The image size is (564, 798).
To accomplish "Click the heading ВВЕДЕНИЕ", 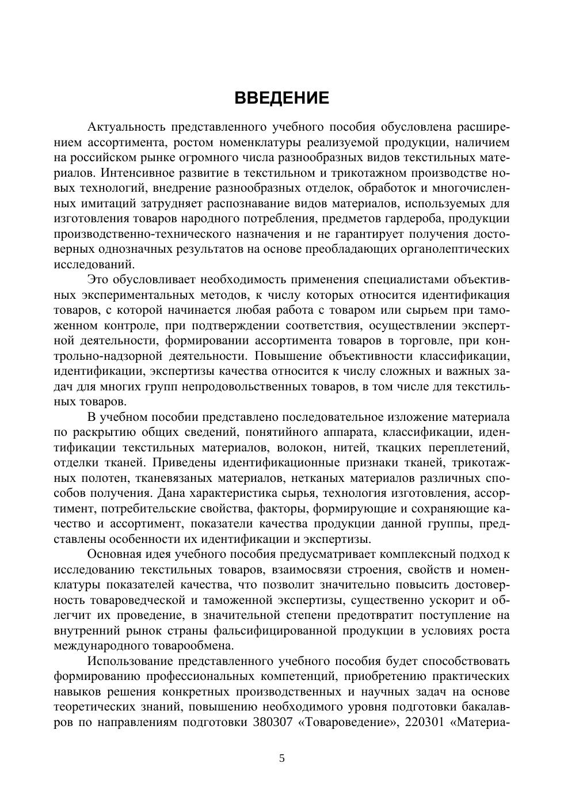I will coord(281,98).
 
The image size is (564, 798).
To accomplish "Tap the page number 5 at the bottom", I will coord(282,758).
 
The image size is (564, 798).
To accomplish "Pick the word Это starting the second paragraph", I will coord(98,280).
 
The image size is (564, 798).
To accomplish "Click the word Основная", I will coord(115,554).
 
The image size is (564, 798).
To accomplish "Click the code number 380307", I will coord(272,722).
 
